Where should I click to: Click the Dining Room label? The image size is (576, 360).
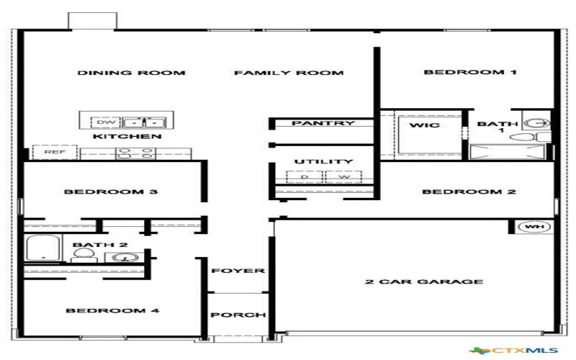click(131, 73)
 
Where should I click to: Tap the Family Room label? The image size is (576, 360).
click(289, 73)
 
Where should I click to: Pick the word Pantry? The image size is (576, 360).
click(323, 123)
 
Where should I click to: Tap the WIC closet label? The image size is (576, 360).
click(424, 125)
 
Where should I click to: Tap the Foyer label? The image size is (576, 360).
click(238, 271)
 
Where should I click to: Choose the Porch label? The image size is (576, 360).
click(238, 315)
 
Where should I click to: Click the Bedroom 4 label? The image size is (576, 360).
click(112, 311)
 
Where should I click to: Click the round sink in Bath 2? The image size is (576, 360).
click(127, 257)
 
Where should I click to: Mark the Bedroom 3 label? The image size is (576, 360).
click(111, 192)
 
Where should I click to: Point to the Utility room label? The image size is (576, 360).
click(324, 162)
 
